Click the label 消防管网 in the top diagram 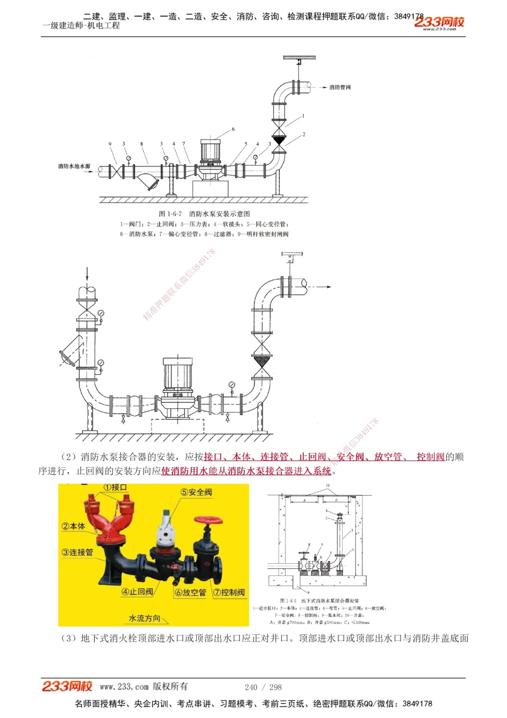click(x=340, y=87)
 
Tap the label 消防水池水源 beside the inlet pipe click(x=74, y=166)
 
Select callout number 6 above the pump click(x=233, y=129)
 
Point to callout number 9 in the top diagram click(x=110, y=144)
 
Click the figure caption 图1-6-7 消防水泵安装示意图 click(x=204, y=214)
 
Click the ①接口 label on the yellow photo click(x=115, y=488)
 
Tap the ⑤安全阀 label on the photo click(x=196, y=492)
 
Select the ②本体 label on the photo click(x=74, y=526)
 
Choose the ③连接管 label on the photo click(x=78, y=552)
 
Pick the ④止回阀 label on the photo click(x=137, y=592)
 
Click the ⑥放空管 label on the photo click(x=191, y=592)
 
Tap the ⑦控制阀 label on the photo click(x=229, y=592)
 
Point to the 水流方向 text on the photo click(x=144, y=618)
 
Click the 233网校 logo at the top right click(x=439, y=22)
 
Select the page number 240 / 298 click(x=263, y=687)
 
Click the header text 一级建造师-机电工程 click(x=81, y=25)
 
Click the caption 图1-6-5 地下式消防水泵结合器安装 click(x=319, y=601)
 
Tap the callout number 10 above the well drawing click(x=328, y=486)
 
